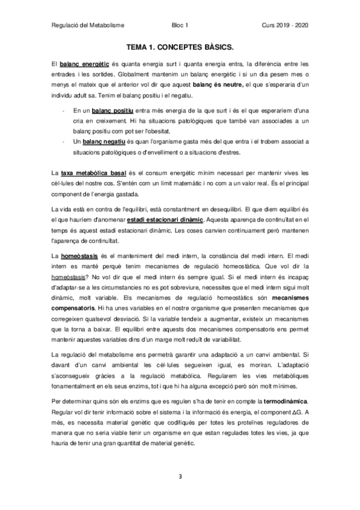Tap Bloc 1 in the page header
[x=180, y=25]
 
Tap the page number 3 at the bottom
[x=180, y=476]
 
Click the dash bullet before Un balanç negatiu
[x=64, y=141]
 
